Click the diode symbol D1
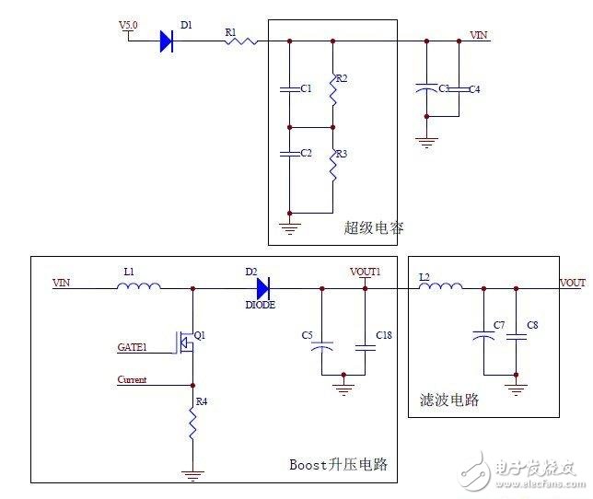click(x=168, y=40)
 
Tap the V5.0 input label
click(x=128, y=25)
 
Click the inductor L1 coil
click(x=139, y=288)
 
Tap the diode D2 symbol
click(x=262, y=288)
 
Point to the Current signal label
click(x=133, y=379)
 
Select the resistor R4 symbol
click(x=192, y=422)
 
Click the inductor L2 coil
click(x=440, y=288)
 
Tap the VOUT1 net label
click(x=366, y=273)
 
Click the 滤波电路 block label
click(x=447, y=400)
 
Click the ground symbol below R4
click(x=192, y=476)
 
